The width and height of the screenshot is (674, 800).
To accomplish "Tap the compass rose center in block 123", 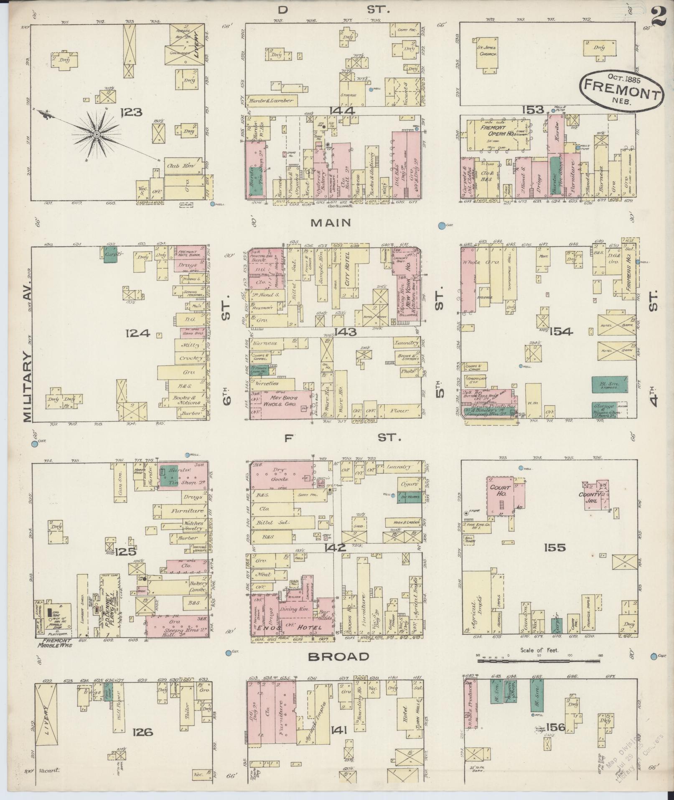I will point(97,134).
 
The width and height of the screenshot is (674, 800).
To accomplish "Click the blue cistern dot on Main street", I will point(441,226).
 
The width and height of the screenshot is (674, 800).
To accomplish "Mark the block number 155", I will point(554,547).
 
